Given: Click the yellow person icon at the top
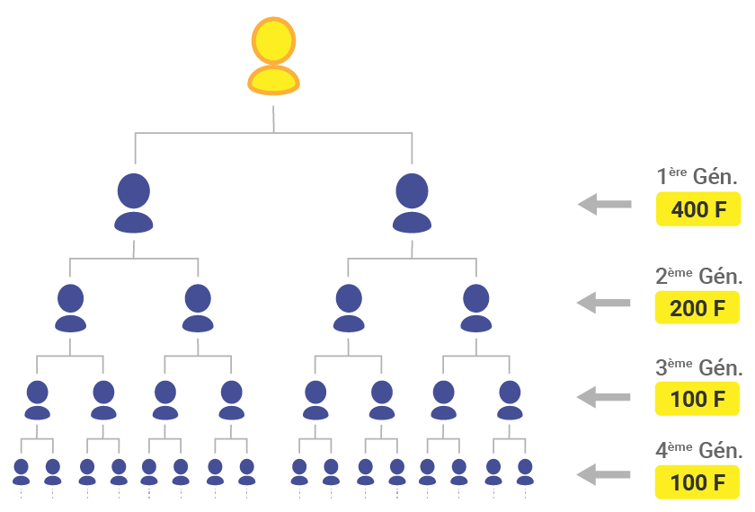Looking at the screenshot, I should (272, 57).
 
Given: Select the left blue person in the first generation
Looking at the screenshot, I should (134, 203).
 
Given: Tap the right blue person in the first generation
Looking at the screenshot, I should (412, 203).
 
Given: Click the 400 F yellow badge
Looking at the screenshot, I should (697, 210).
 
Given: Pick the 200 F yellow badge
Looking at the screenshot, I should (697, 308).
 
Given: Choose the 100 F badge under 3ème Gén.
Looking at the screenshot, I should (697, 398).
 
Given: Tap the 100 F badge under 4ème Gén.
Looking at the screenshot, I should (697, 482).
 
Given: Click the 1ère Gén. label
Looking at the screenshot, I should (697, 177).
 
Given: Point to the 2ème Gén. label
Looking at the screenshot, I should (698, 276).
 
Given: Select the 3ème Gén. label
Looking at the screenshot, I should (698, 367).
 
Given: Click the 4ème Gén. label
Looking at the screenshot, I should (698, 451).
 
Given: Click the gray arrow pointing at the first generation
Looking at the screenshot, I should (603, 205).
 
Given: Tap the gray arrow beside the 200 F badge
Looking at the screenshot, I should (603, 303).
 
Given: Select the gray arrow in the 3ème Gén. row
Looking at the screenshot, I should (603, 395).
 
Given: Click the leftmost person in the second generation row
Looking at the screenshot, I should (70, 308).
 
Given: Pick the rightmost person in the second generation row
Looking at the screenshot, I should (475, 308).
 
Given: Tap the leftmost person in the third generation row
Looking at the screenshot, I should (37, 400).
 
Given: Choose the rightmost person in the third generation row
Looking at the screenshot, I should (510, 400).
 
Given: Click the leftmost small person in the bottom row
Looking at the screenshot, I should (21, 472).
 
